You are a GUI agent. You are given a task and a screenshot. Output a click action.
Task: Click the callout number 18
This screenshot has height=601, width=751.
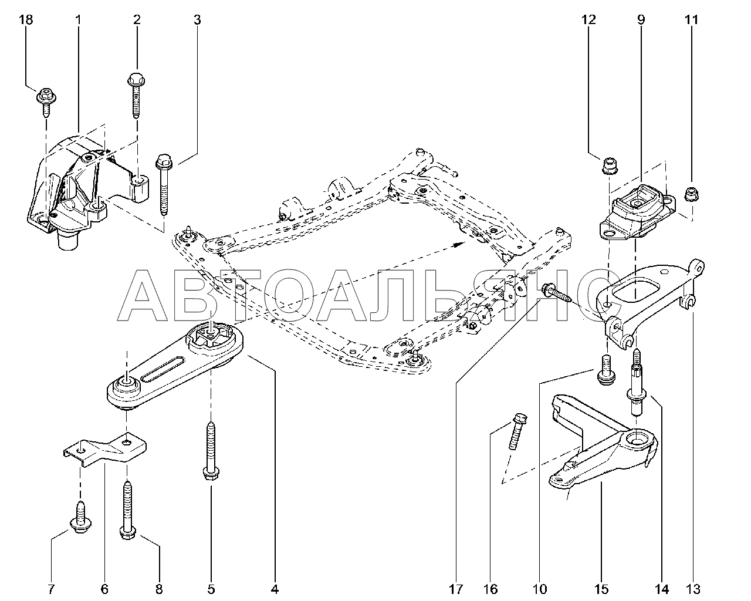pos(25,19)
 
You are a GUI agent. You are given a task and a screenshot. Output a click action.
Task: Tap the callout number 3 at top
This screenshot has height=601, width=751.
pos(197,20)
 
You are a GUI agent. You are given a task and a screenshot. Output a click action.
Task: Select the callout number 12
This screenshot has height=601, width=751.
pos(588,19)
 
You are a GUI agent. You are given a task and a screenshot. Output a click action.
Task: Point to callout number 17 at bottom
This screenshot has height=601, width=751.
pos(456,590)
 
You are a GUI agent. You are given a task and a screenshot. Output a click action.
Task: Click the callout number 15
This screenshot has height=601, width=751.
pos(601,590)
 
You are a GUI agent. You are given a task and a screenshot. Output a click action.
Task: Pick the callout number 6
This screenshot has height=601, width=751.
pos(104,590)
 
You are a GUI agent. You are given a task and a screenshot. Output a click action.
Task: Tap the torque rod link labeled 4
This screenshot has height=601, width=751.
pos(174,366)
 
